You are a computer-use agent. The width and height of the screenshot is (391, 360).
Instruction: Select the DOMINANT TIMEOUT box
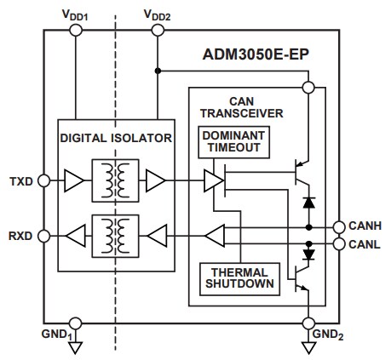coord(234,142)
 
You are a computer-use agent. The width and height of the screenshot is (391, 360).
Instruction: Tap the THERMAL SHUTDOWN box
coord(237,278)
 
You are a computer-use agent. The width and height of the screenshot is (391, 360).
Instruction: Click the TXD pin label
coord(20,180)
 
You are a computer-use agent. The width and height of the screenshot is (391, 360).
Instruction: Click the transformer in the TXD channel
coord(116,180)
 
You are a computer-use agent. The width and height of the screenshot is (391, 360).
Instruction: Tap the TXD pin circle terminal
coord(45,180)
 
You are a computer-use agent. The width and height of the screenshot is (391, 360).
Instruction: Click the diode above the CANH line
coord(307,203)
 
